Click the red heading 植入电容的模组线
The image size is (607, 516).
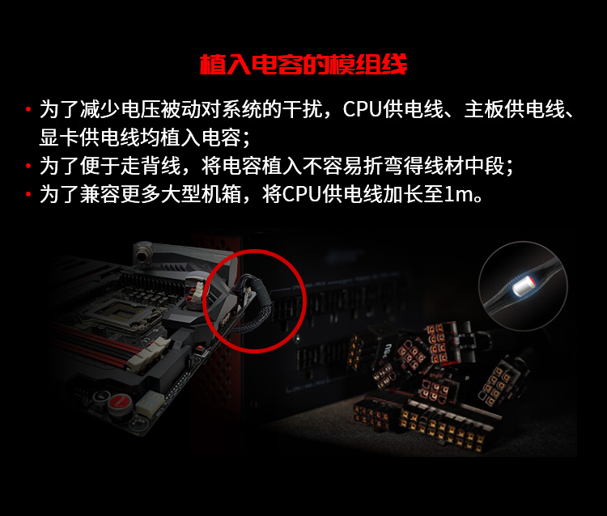click(x=303, y=65)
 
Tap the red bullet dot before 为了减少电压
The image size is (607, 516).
click(x=28, y=109)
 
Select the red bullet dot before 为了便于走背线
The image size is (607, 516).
click(x=28, y=166)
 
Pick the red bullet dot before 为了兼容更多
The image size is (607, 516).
click(x=28, y=194)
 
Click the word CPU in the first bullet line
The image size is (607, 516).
click(x=363, y=109)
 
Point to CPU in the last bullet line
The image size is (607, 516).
click(x=302, y=194)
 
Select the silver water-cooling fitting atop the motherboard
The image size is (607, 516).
click(x=144, y=254)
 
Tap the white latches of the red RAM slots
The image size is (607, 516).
click(x=148, y=355)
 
